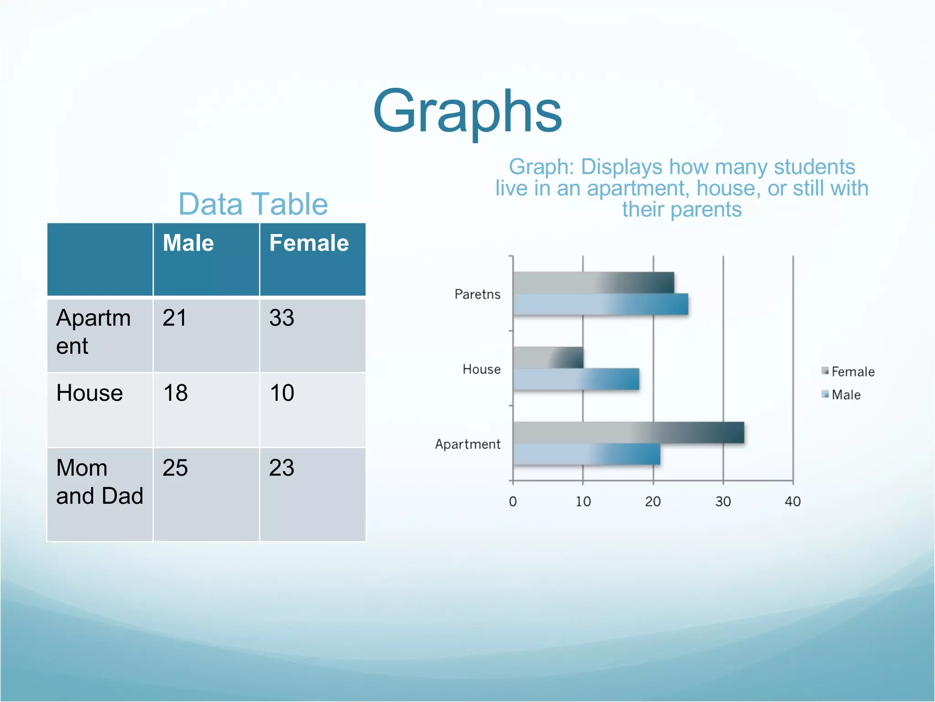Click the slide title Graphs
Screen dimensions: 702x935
click(x=467, y=112)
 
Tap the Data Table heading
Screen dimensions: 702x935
click(x=253, y=204)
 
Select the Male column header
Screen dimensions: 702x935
click(x=188, y=243)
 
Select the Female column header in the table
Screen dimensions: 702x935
click(x=309, y=243)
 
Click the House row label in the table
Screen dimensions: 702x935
click(x=89, y=393)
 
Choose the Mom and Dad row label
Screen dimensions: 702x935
click(x=99, y=482)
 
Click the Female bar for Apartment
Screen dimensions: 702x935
click(x=628, y=433)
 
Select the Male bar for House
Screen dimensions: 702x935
click(x=576, y=379)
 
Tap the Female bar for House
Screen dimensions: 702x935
click(x=548, y=357)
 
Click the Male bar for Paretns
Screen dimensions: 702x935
click(x=600, y=304)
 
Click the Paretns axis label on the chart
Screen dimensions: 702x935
click(x=477, y=294)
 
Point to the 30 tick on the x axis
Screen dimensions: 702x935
click(x=723, y=502)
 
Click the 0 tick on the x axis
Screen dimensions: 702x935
click(x=513, y=502)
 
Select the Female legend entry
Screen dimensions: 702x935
click(x=848, y=372)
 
